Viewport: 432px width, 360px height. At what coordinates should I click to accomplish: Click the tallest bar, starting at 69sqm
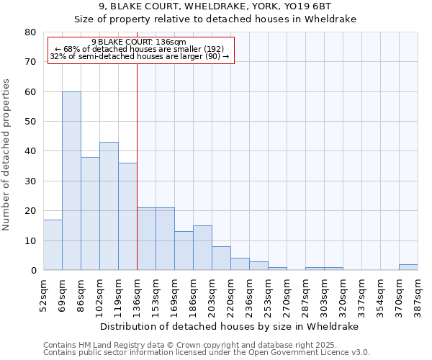[71, 181]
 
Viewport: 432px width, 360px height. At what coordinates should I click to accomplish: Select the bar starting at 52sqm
[53, 245]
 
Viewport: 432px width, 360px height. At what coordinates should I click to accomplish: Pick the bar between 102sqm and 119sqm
[109, 206]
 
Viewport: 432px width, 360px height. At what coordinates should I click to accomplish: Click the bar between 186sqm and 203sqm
[202, 248]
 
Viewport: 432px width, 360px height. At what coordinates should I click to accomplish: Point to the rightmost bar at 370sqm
[408, 267]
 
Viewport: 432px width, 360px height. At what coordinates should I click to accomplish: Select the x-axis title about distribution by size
[230, 326]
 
